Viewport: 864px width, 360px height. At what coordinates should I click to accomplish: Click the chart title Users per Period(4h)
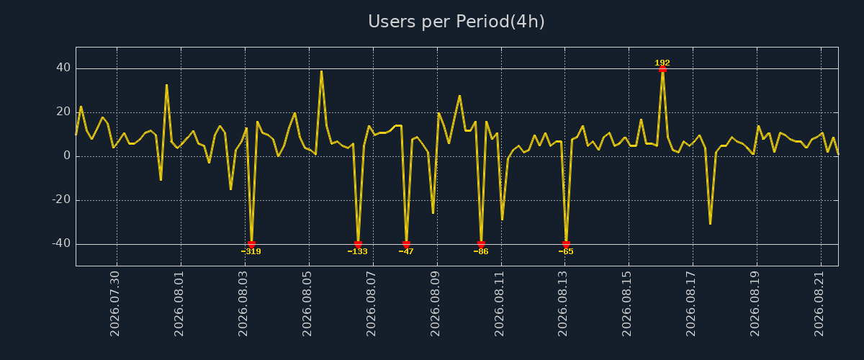[456, 22]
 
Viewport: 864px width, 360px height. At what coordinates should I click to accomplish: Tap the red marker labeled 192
[662, 69]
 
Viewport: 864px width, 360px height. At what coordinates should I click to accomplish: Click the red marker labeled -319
[251, 244]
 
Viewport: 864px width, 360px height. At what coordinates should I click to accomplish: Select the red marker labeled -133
[358, 244]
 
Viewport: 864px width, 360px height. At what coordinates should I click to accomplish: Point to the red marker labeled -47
[406, 244]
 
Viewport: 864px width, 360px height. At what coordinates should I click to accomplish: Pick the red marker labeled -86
[481, 244]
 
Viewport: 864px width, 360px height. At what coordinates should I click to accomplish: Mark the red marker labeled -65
[566, 244]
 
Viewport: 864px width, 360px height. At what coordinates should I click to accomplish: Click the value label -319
[251, 251]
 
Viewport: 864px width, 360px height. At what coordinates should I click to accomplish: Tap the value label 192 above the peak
[662, 63]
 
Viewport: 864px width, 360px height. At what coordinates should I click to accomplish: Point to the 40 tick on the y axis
[63, 68]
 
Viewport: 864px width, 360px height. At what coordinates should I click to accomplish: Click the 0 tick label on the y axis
[67, 156]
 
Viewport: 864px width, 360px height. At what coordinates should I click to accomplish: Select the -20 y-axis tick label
[62, 199]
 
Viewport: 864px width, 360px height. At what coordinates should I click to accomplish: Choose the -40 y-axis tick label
[62, 243]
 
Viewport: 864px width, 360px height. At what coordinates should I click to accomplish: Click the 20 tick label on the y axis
[63, 112]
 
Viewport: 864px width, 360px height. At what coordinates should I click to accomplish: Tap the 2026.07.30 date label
[115, 304]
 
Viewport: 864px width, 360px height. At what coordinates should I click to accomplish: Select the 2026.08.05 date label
[307, 304]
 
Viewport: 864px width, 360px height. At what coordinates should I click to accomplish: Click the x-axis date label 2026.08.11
[499, 304]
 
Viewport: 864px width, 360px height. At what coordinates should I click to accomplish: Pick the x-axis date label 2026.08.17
[690, 304]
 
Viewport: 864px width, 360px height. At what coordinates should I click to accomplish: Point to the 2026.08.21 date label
[819, 304]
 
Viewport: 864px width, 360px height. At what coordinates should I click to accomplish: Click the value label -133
[358, 251]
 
